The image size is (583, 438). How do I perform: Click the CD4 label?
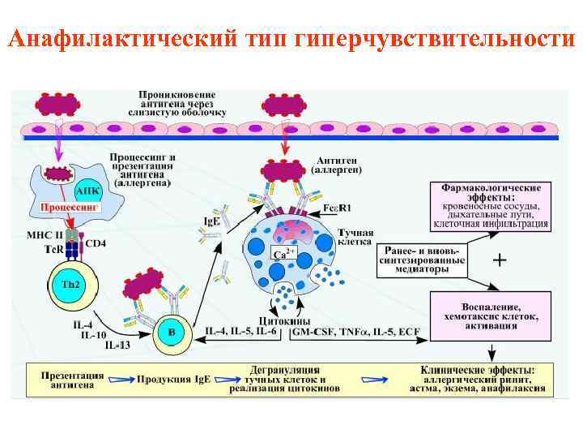tap(96, 242)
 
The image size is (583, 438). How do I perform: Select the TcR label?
tap(52, 248)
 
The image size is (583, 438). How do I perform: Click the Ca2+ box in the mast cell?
tap(282, 255)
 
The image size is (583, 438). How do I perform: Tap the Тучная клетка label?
tap(355, 236)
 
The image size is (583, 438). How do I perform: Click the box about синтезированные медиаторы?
tap(421, 260)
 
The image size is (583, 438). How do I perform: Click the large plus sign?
tap(500, 260)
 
